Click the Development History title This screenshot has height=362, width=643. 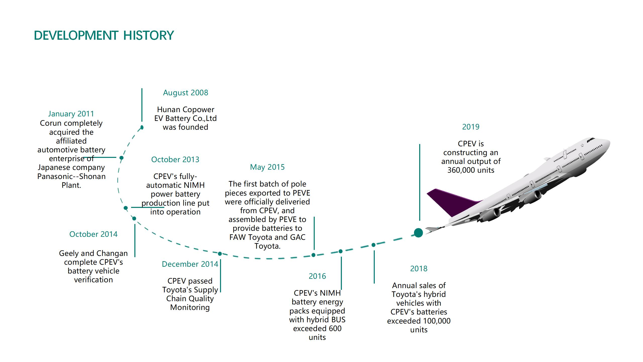point(104,35)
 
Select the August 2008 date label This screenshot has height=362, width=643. point(186,93)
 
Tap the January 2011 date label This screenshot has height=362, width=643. point(71,114)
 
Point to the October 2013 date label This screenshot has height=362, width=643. point(175,160)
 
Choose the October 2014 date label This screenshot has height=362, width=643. point(93,234)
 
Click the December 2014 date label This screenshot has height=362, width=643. point(190,264)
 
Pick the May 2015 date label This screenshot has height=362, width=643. point(267,167)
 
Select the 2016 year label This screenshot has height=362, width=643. point(317,276)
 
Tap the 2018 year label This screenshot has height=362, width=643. point(419,269)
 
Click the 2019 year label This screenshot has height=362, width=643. point(471,127)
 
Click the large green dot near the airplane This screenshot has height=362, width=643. point(418,233)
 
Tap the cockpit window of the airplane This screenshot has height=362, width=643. point(591,139)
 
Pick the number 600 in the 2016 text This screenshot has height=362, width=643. point(335,329)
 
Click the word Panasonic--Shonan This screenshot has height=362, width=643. point(71,176)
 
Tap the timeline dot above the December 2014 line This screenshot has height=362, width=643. point(220,254)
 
